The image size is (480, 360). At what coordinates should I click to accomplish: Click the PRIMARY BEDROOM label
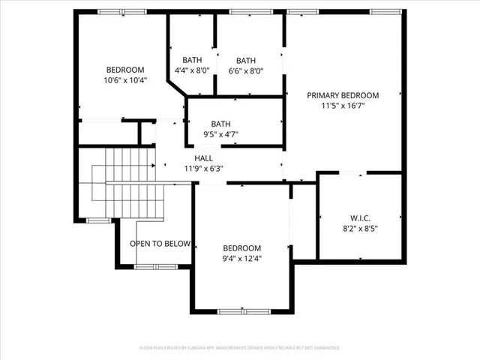pyautogui.click(x=343, y=95)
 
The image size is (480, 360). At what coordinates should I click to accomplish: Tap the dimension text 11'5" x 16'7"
pyautogui.click(x=343, y=106)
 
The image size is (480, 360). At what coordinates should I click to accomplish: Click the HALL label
pyautogui.click(x=203, y=158)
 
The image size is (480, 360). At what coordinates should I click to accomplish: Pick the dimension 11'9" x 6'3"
pyautogui.click(x=203, y=169)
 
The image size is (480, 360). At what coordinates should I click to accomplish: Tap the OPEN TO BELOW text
pyautogui.click(x=160, y=244)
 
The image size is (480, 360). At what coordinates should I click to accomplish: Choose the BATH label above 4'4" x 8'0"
pyautogui.click(x=192, y=61)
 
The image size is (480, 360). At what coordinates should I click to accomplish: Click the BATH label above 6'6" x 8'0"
pyautogui.click(x=246, y=61)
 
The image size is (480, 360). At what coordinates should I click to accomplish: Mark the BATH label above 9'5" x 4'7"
pyautogui.click(x=220, y=124)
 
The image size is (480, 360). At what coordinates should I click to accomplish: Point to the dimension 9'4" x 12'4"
pyautogui.click(x=241, y=259)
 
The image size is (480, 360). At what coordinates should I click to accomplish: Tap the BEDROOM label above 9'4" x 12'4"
pyautogui.click(x=241, y=248)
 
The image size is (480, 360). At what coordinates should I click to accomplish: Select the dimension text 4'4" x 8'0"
pyautogui.click(x=192, y=71)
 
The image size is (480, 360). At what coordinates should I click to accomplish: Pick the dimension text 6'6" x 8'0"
pyautogui.click(x=246, y=71)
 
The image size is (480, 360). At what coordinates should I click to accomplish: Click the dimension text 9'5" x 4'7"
pyautogui.click(x=220, y=135)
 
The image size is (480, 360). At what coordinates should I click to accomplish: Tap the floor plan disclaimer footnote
pyautogui.click(x=240, y=348)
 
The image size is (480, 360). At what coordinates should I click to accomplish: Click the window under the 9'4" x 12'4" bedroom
pyautogui.click(x=242, y=310)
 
